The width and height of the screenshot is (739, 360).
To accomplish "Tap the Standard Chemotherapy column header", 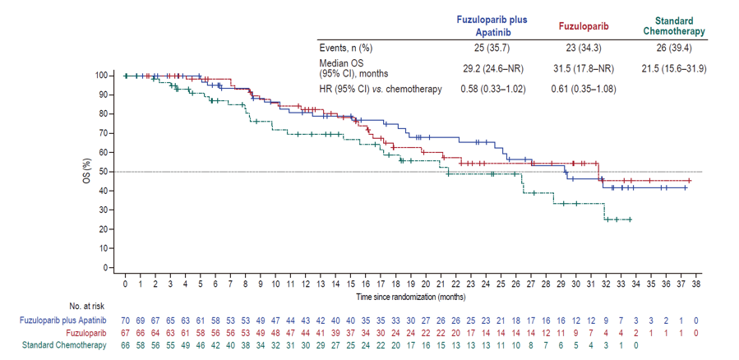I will [x=674, y=25].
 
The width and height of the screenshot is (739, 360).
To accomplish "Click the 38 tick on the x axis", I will [x=695, y=284].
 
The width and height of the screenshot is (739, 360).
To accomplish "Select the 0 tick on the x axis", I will [x=125, y=284].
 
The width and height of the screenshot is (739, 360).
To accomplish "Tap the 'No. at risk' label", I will [x=62, y=306].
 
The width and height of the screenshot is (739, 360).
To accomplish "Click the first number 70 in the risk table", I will [x=125, y=319].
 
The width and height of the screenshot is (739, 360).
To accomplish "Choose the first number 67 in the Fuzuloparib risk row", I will [x=125, y=331].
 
